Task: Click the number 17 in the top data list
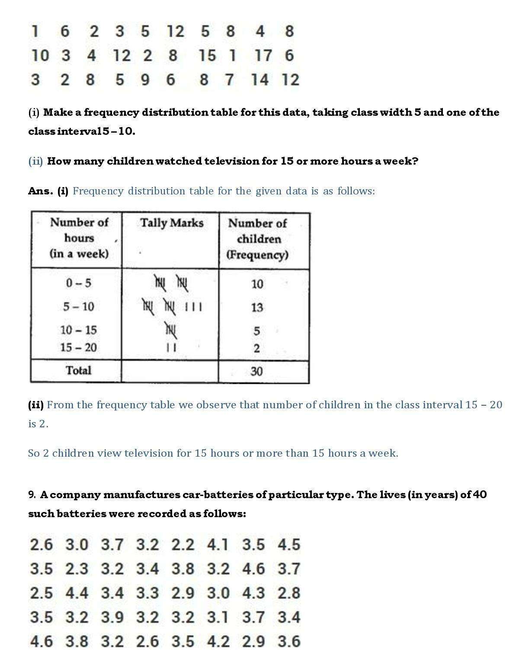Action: tap(263, 56)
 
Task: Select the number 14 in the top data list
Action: tap(260, 80)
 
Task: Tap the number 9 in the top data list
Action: tap(145, 80)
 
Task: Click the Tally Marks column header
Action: tap(172, 223)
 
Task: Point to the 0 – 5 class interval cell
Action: tap(79, 283)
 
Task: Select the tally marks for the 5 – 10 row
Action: tap(172, 307)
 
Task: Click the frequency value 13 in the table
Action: tap(257, 308)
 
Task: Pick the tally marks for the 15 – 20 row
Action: tap(171, 347)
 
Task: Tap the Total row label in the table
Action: tap(78, 371)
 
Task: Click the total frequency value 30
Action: tap(256, 372)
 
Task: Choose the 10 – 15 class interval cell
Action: tap(79, 331)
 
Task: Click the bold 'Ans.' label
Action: tap(41, 191)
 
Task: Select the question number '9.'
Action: tap(32, 495)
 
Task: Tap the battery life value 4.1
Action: tap(218, 545)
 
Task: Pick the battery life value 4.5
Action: tap(289, 545)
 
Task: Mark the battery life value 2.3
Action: tap(77, 569)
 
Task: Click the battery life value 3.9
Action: tap(112, 617)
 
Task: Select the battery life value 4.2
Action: tap(218, 642)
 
